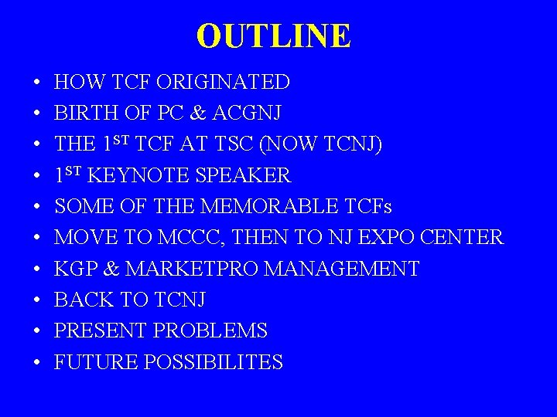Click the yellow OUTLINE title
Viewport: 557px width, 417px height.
[x=274, y=36]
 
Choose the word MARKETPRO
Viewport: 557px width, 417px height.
[x=192, y=269]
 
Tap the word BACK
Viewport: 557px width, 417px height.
[x=80, y=300]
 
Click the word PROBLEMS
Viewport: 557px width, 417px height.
[x=210, y=331]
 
